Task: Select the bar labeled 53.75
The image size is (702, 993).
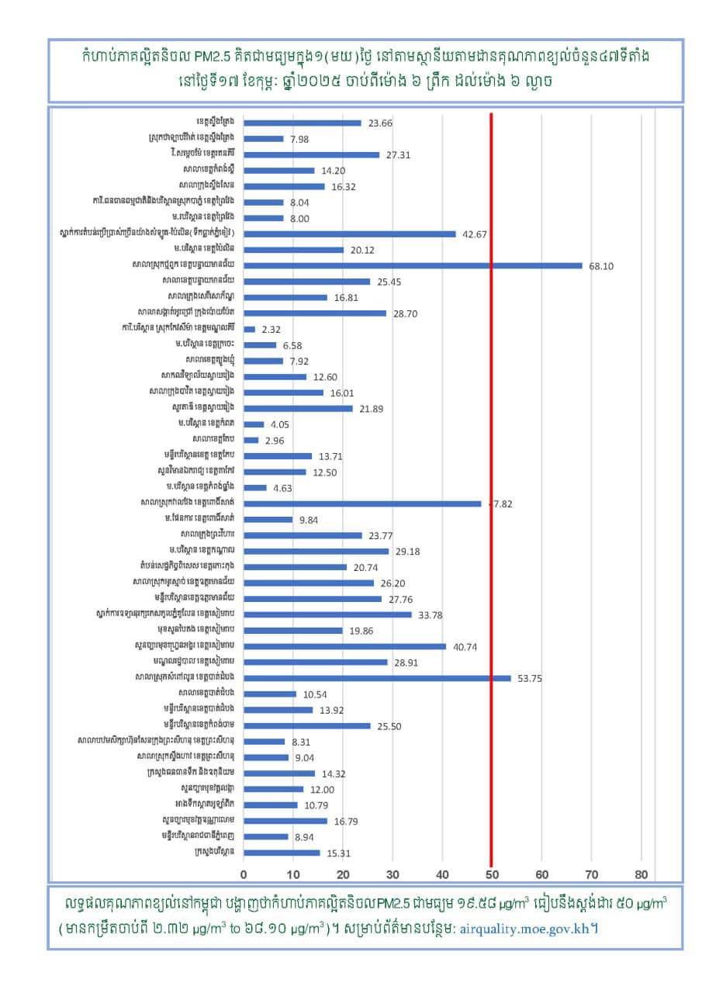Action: [x=377, y=678]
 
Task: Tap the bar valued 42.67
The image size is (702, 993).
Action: [x=350, y=234]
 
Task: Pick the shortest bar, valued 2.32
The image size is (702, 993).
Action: [x=249, y=329]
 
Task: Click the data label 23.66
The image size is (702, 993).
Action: [x=380, y=123]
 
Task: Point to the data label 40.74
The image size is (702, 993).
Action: [x=465, y=646]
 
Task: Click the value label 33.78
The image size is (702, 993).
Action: [x=431, y=615]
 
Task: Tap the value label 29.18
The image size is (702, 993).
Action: [x=407, y=552]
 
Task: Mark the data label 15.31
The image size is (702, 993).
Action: [x=338, y=853]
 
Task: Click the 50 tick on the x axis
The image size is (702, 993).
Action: [x=492, y=874]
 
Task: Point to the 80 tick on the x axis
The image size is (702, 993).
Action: [x=641, y=874]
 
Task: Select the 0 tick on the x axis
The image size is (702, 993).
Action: [x=244, y=874]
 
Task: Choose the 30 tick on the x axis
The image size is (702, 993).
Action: [x=392, y=874]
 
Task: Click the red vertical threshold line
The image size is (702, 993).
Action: [x=491, y=465]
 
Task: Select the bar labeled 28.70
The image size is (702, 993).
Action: [x=315, y=313]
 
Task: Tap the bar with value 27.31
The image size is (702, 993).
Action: [x=311, y=154]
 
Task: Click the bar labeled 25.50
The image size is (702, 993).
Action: [x=307, y=726]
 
